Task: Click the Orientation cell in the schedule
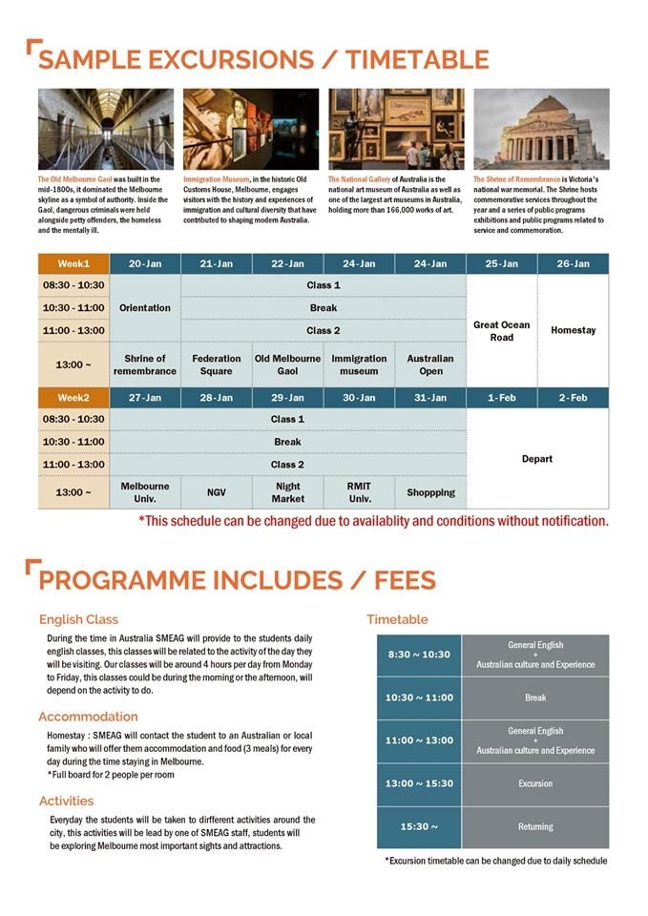[145, 308]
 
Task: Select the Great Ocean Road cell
[501, 331]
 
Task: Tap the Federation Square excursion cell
[217, 364]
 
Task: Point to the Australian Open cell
[430, 364]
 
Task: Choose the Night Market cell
[287, 492]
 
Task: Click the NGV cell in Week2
[217, 492]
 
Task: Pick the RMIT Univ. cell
[359, 492]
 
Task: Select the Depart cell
[537, 459]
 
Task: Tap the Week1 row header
[73, 263]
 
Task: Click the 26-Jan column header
[573, 263]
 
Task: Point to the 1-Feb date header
[502, 397]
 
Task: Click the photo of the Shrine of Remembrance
[541, 129]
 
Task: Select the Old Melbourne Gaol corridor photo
[106, 129]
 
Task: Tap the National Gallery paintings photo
[396, 129]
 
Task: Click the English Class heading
[79, 619]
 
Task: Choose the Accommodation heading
[89, 717]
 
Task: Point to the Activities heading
[67, 801]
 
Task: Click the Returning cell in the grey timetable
[535, 826]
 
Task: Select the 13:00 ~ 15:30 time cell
[419, 783]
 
